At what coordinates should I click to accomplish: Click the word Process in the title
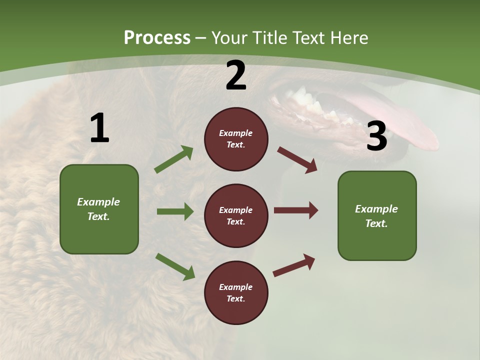[x=157, y=38]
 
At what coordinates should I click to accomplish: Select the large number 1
[x=99, y=128]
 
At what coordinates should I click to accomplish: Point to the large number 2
[x=236, y=75]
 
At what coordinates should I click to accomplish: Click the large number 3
[x=376, y=136]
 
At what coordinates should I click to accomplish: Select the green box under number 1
[x=99, y=209]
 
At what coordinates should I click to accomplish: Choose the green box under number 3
[x=377, y=215]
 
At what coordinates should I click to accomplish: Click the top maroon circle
[x=236, y=139]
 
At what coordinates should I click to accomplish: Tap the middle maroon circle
[x=236, y=215]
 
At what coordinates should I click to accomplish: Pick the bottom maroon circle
[x=236, y=292]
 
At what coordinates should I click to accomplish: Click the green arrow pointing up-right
[x=174, y=159]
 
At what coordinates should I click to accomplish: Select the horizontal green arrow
[x=175, y=211]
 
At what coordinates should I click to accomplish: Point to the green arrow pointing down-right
[x=175, y=266]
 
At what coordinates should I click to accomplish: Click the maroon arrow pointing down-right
[x=297, y=160]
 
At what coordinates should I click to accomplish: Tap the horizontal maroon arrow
[x=296, y=210]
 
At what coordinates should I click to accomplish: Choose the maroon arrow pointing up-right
[x=294, y=265]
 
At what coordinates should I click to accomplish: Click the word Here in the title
[x=349, y=38]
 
